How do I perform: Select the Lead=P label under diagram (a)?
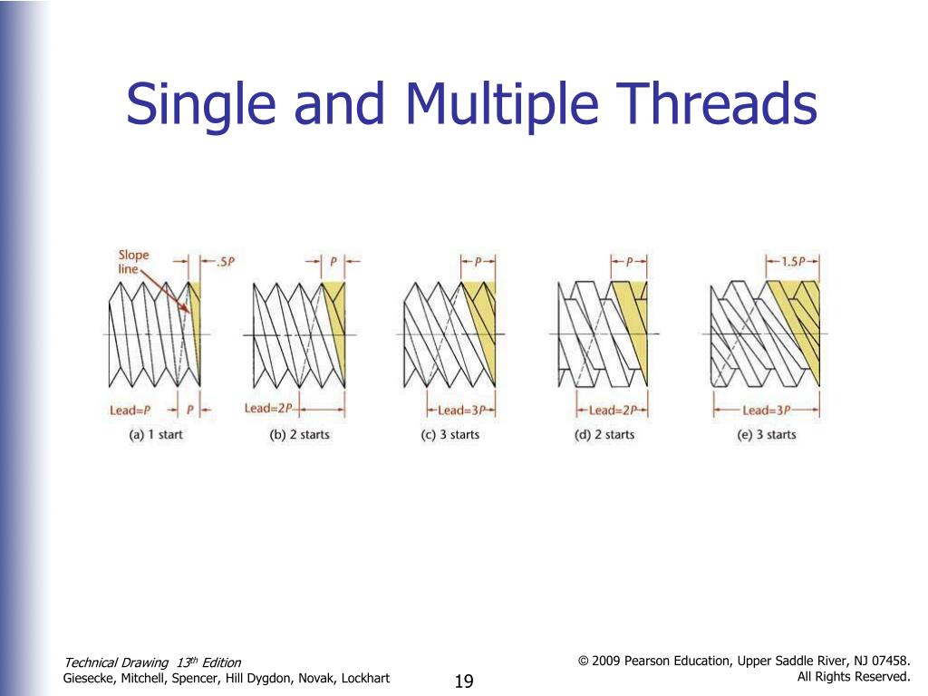point(130,411)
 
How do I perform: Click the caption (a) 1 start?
point(157,435)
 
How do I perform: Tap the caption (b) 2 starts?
point(300,435)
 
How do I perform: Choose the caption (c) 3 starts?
point(450,435)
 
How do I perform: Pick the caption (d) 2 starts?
point(604,435)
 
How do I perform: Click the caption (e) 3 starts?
point(767,435)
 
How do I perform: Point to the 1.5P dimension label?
point(794,261)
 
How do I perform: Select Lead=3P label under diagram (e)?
point(767,410)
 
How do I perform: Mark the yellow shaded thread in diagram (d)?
point(632,317)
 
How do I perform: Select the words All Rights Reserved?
point(854,677)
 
